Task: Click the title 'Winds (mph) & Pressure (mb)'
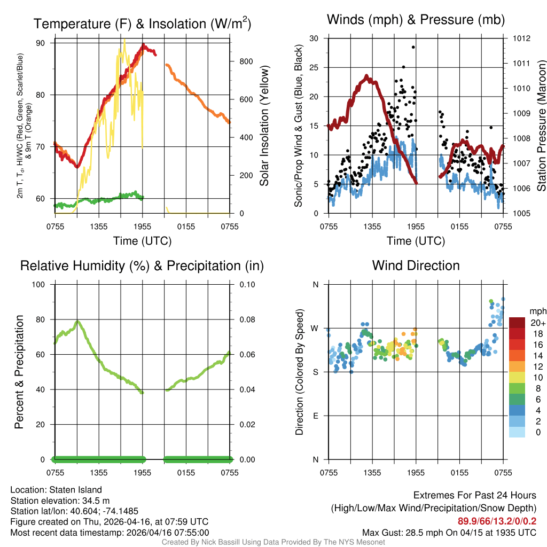pos(416,20)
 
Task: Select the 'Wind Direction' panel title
pos(416,265)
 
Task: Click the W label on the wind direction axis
pos(315,328)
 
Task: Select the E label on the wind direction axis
pos(315,416)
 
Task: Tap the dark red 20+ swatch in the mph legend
pos(518,323)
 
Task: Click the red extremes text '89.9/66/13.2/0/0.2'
pos(497,521)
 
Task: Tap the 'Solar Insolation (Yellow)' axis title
pos(264,126)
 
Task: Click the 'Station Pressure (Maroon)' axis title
pos(541,126)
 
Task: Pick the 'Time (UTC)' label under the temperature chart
pos(142,241)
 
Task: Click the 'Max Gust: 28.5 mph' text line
pos(449,532)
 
